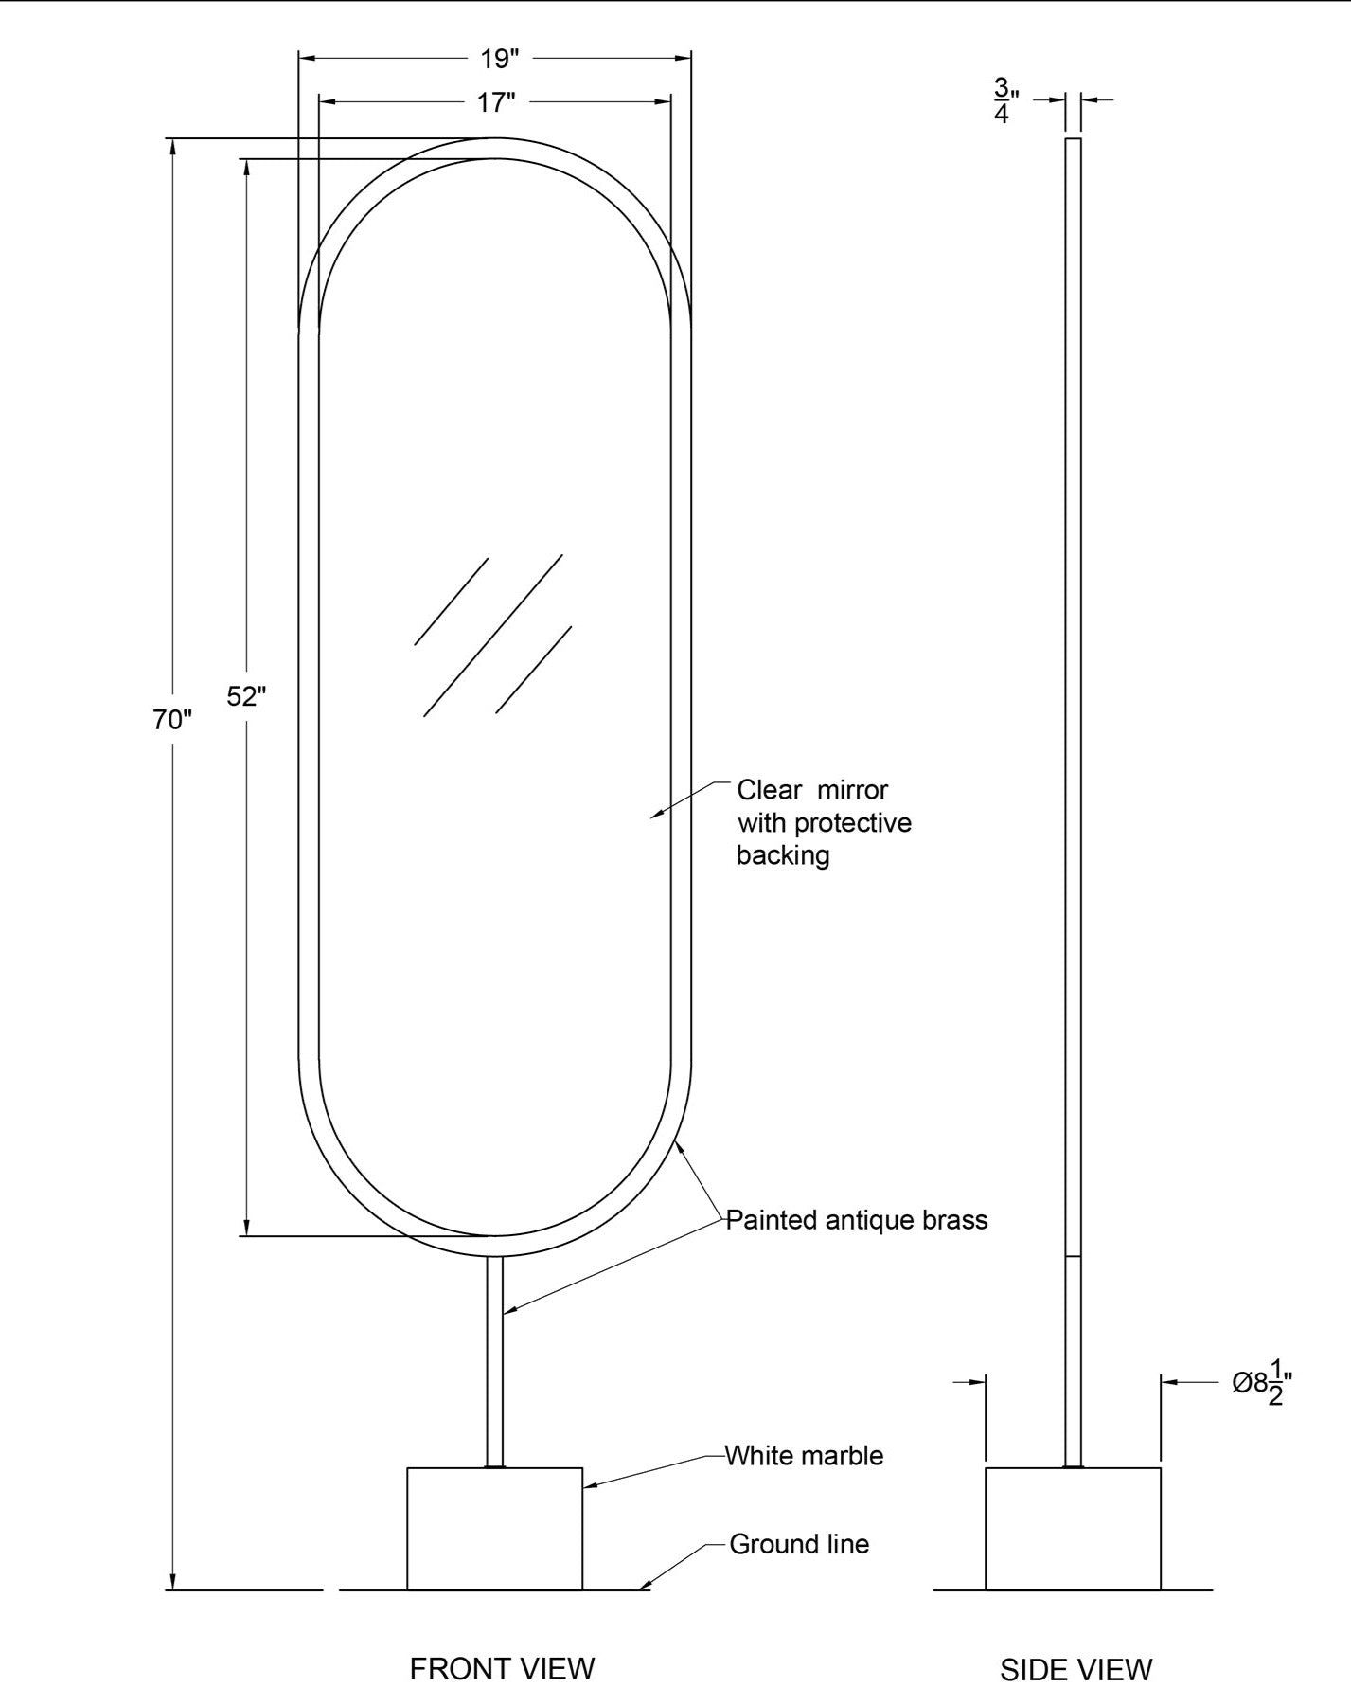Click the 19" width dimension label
click(500, 59)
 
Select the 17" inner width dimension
click(495, 101)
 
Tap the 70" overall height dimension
click(172, 720)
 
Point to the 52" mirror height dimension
click(246, 696)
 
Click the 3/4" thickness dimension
click(1005, 99)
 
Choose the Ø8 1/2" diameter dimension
click(1262, 1383)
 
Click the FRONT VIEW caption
click(502, 1668)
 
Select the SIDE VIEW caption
click(1076, 1669)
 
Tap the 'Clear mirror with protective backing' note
click(824, 822)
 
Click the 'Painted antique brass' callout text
click(857, 1219)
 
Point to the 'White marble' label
click(804, 1455)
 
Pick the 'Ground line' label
click(799, 1544)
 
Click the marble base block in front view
click(495, 1529)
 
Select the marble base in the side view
click(1073, 1529)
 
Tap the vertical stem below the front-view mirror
click(495, 1362)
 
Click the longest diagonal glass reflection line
click(493, 636)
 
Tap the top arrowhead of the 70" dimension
click(172, 148)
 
